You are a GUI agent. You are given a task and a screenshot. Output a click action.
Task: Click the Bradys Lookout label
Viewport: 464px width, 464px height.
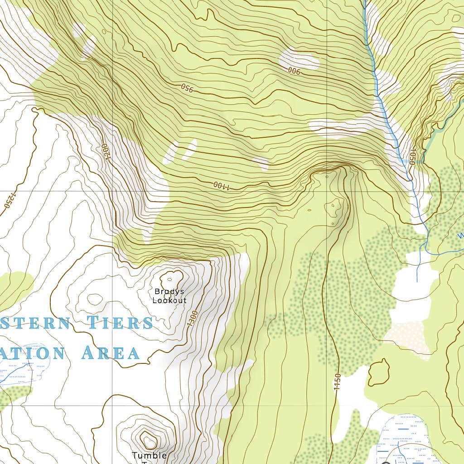click(x=169, y=295)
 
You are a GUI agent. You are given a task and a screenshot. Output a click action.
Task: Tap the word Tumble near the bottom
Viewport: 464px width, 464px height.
click(x=149, y=455)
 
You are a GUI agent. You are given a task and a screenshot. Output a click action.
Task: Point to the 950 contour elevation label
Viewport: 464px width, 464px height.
click(x=187, y=87)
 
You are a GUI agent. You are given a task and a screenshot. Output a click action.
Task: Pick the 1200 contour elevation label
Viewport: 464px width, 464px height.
click(x=104, y=152)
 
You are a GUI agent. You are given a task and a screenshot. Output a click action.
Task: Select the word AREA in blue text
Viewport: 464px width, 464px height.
click(x=110, y=353)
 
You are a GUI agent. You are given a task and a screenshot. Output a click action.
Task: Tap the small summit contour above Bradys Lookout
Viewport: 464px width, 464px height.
click(x=172, y=276)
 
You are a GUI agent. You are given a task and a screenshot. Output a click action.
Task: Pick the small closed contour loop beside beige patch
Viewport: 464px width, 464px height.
click(x=378, y=372)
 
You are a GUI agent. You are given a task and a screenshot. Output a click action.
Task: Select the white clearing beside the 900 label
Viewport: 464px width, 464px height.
click(x=299, y=59)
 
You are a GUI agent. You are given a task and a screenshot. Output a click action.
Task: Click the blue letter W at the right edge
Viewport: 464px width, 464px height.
click(x=460, y=236)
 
